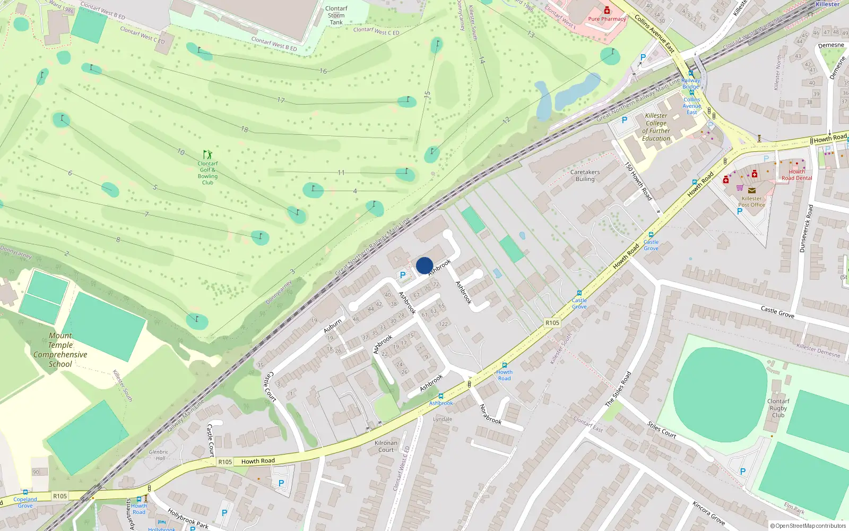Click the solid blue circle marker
[424, 265]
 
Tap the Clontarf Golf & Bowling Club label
[207, 173]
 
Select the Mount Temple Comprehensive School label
[60, 350]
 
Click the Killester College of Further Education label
[656, 127]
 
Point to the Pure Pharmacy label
[607, 19]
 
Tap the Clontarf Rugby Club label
[778, 408]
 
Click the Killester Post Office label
[751, 201]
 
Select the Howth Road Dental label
[796, 175]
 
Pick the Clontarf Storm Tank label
[336, 15]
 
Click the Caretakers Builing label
[585, 176]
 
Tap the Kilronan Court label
[386, 446]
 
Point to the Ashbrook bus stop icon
[440, 396]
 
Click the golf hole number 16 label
[323, 71]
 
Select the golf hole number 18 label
[245, 130]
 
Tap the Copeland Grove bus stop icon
[25, 492]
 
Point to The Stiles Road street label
[618, 389]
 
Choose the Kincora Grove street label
[708, 512]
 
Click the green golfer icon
[207, 155]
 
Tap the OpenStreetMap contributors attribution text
[808, 526]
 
